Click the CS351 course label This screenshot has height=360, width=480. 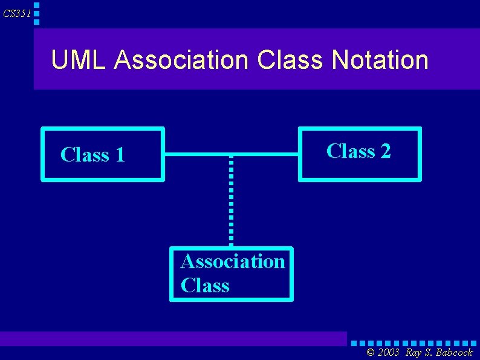(16, 13)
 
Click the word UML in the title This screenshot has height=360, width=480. (79, 61)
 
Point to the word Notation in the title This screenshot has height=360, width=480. (380, 61)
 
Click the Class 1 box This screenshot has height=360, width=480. (103, 154)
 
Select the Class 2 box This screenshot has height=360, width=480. (360, 154)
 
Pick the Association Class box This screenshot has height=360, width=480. (232, 273)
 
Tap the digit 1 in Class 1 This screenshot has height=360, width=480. (119, 155)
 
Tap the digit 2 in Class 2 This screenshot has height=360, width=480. (385, 151)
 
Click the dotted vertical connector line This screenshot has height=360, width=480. (231, 200)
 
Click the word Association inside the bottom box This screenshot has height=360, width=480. (233, 262)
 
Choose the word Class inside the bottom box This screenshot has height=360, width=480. (205, 285)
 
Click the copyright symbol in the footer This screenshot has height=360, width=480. (371, 352)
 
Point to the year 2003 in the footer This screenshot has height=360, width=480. (389, 352)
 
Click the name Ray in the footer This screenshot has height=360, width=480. (414, 352)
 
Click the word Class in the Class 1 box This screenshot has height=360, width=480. (85, 155)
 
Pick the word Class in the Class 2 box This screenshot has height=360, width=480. (351, 151)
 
